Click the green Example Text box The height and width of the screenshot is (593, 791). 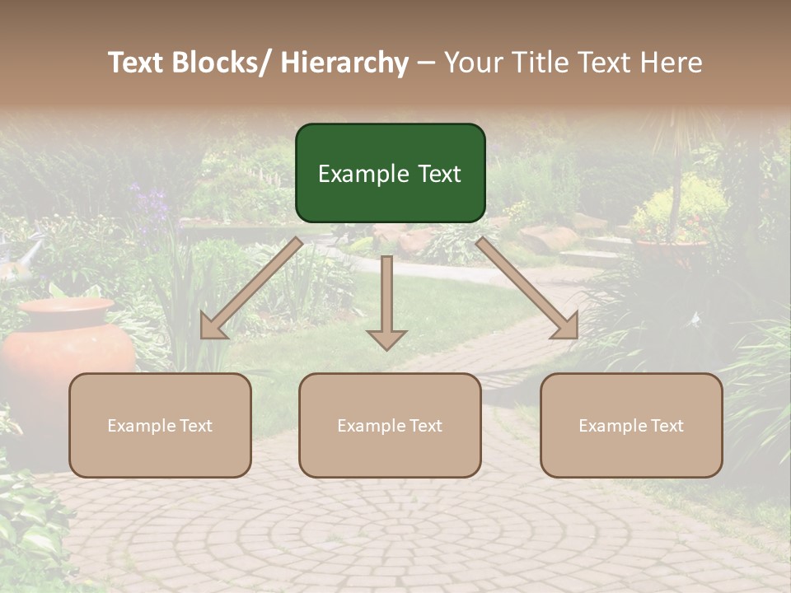pos(390,173)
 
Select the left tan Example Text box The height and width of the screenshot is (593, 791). pos(160,425)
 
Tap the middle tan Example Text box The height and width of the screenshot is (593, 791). pos(390,425)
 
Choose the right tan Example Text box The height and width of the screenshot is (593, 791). pos(631,425)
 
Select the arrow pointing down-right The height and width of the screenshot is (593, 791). pos(527,288)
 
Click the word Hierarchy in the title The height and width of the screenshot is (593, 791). pos(344,63)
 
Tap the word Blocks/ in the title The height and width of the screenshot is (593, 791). pos(218,63)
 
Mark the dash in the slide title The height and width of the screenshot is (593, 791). pos(426,63)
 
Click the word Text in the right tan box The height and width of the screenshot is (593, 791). pos(667,426)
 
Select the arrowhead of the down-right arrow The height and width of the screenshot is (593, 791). pos(566,327)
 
